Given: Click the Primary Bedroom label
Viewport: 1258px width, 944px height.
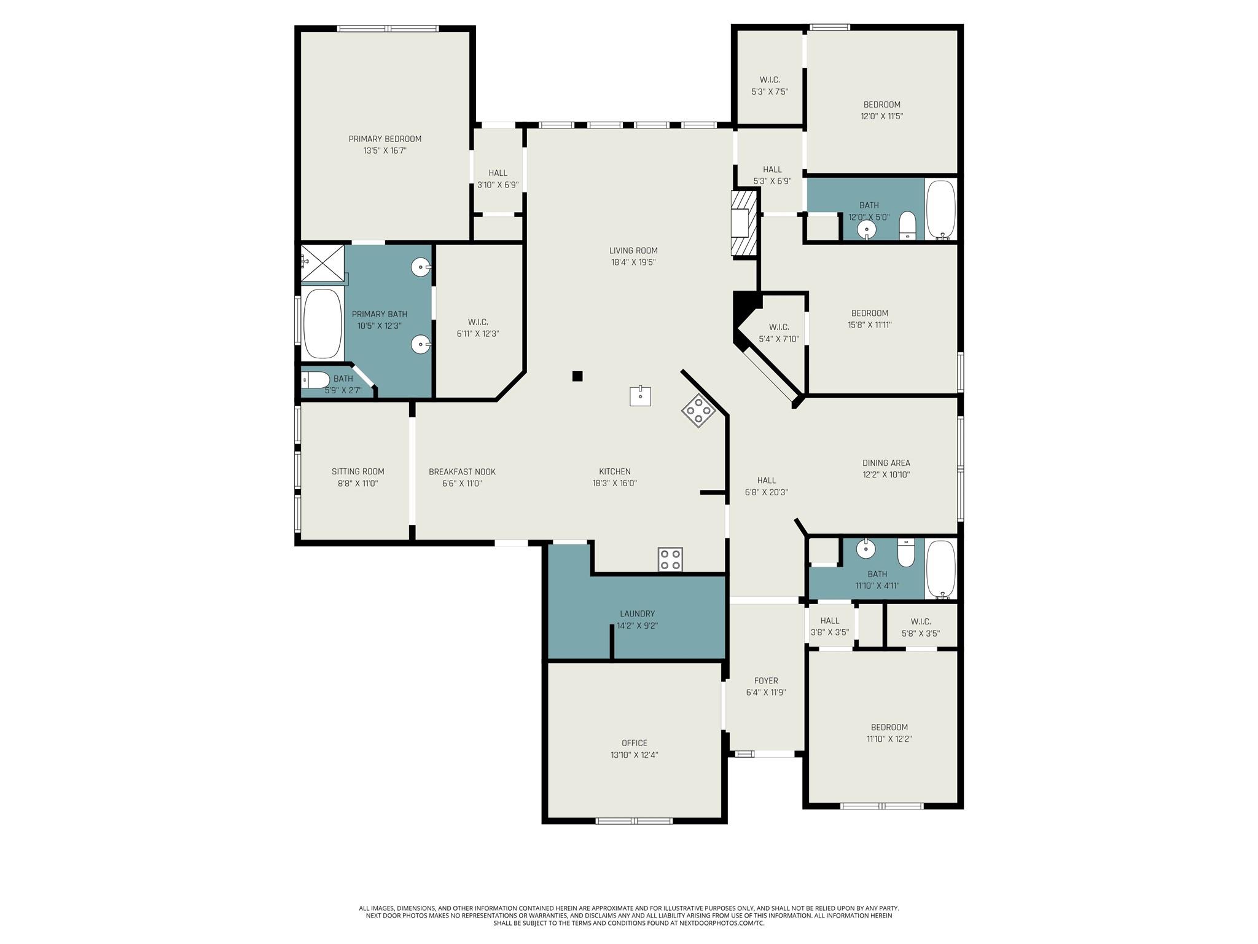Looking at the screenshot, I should click(x=385, y=139).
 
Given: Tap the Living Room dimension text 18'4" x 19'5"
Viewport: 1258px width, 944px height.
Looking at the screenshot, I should click(x=633, y=262).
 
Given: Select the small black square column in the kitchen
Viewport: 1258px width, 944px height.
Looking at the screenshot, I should click(x=577, y=376).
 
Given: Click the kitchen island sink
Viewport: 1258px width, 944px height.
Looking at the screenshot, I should click(x=640, y=396).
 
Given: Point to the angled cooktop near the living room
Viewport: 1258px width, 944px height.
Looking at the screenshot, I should click(x=698, y=411).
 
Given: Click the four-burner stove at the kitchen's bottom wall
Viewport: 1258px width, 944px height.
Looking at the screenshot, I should click(x=670, y=559).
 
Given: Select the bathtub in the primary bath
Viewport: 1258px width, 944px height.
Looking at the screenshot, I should click(x=322, y=323).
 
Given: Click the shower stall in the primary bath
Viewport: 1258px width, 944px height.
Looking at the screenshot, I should click(x=322, y=263).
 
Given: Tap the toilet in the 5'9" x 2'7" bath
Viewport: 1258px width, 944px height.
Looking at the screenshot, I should click(x=316, y=380).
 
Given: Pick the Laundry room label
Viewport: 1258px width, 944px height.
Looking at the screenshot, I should click(x=637, y=613).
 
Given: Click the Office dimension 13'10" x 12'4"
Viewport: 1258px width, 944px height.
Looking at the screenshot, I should click(x=634, y=755).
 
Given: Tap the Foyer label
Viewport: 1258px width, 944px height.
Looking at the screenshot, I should click(x=766, y=680).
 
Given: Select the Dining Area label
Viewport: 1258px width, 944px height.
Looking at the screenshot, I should click(x=886, y=463).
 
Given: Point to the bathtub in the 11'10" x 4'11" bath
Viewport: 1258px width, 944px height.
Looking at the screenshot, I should click(x=940, y=568).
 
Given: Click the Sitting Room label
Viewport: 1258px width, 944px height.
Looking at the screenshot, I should click(x=357, y=471).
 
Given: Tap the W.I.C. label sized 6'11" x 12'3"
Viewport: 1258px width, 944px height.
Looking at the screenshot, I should click(x=478, y=334).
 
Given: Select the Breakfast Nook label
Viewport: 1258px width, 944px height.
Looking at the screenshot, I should click(x=462, y=471).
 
